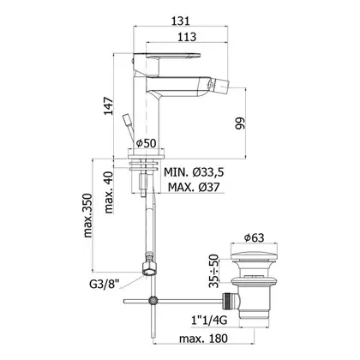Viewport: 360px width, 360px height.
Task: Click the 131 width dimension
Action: pos(180,21)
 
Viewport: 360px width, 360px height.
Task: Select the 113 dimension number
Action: pos(187,37)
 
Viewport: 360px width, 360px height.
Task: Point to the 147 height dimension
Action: pos(109,106)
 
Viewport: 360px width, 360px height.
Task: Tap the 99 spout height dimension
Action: pos(240,123)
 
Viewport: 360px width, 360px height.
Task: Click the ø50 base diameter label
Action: pos(146,143)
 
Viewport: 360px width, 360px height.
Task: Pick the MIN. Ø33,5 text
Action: pos(194,172)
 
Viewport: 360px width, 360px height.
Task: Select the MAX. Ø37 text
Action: pos(194,187)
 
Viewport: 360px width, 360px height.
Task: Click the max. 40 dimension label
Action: pos(109,192)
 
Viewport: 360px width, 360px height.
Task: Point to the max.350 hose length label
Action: pos(88,215)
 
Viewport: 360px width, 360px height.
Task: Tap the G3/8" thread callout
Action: pos(105,284)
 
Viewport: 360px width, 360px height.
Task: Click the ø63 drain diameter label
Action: pos(254,237)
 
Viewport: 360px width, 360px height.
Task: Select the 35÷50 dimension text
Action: pos(213,271)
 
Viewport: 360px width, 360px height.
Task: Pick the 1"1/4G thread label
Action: pos(209,321)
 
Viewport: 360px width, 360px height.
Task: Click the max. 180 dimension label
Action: pos(203,339)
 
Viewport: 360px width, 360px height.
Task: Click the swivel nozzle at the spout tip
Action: pos(219,85)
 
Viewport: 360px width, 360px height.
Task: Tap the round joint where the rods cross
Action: pos(153,301)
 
